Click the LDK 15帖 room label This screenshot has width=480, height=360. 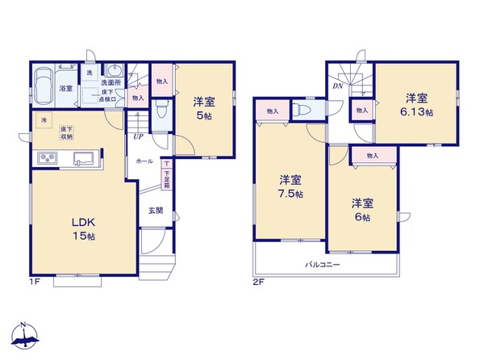(x=84, y=229)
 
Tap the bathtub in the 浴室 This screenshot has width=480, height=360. (x=43, y=86)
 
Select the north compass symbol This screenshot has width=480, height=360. (x=25, y=336)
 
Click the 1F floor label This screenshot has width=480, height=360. (x=35, y=281)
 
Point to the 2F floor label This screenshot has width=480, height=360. (x=258, y=282)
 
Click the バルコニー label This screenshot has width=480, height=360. (x=322, y=265)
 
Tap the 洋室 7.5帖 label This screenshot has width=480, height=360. (x=290, y=186)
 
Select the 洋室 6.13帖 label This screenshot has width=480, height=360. (x=416, y=105)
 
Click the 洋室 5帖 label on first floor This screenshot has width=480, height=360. (x=204, y=109)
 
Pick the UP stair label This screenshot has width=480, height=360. (x=139, y=136)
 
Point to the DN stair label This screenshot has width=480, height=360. (x=338, y=86)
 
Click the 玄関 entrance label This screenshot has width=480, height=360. (x=156, y=211)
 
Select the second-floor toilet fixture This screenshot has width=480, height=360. (x=298, y=109)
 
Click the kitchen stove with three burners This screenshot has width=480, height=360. (x=48, y=158)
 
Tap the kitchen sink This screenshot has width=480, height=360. (x=82, y=158)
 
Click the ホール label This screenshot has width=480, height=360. (x=144, y=161)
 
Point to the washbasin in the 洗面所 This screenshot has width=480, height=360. (x=115, y=71)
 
